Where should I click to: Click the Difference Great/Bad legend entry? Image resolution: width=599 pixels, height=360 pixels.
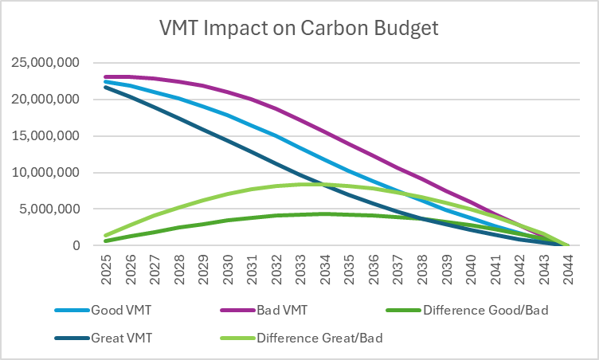[319, 337]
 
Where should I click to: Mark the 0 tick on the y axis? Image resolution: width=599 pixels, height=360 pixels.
[77, 246]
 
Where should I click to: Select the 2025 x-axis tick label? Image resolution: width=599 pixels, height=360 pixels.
[105, 267]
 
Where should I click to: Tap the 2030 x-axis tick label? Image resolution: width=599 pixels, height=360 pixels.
[227, 267]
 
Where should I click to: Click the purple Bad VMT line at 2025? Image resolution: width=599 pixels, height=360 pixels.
[105, 76]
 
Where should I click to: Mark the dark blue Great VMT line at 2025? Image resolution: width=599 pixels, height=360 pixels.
[105, 87]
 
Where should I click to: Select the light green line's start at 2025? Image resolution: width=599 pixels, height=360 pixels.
[105, 236]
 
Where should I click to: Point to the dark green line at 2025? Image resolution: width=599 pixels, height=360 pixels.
[105, 241]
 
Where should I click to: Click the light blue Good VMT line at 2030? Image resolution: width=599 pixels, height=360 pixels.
[227, 115]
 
